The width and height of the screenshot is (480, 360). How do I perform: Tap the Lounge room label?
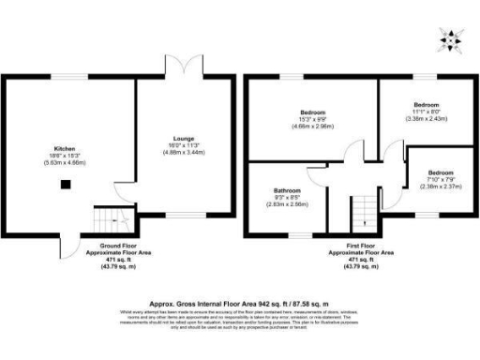(x=183, y=137)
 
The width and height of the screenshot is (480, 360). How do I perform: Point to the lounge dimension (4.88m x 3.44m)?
(x=183, y=151)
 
